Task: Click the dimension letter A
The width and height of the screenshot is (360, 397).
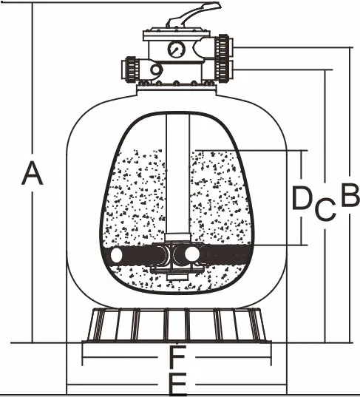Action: pyautogui.click(x=32, y=173)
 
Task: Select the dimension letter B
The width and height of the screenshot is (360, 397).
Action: pyautogui.click(x=350, y=194)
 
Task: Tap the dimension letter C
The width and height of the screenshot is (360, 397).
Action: pyautogui.click(x=325, y=208)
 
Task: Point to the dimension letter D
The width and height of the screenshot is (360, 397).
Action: pyautogui.click(x=302, y=198)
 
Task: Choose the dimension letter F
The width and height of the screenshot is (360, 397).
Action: pyautogui.click(x=177, y=356)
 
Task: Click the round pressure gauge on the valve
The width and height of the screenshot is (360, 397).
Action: pyautogui.click(x=177, y=49)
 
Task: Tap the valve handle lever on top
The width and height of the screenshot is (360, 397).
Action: pyautogui.click(x=193, y=15)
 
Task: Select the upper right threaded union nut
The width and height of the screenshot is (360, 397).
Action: pyautogui.click(x=223, y=46)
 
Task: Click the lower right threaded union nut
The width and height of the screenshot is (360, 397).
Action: pyautogui.click(x=223, y=70)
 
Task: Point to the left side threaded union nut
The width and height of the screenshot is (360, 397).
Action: pyautogui.click(x=132, y=69)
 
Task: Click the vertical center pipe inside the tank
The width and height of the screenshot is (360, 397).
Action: pyautogui.click(x=177, y=174)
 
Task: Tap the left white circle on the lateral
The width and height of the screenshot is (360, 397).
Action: pyautogui.click(x=117, y=255)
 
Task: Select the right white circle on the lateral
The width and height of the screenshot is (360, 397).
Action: pyautogui.click(x=192, y=254)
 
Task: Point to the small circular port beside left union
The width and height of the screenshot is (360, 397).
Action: pyautogui.click(x=155, y=70)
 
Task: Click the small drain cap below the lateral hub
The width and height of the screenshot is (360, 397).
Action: pyautogui.click(x=177, y=276)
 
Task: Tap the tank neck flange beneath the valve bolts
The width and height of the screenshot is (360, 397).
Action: pyautogui.click(x=177, y=89)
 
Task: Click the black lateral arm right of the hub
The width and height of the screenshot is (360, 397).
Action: pyautogui.click(x=227, y=254)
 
